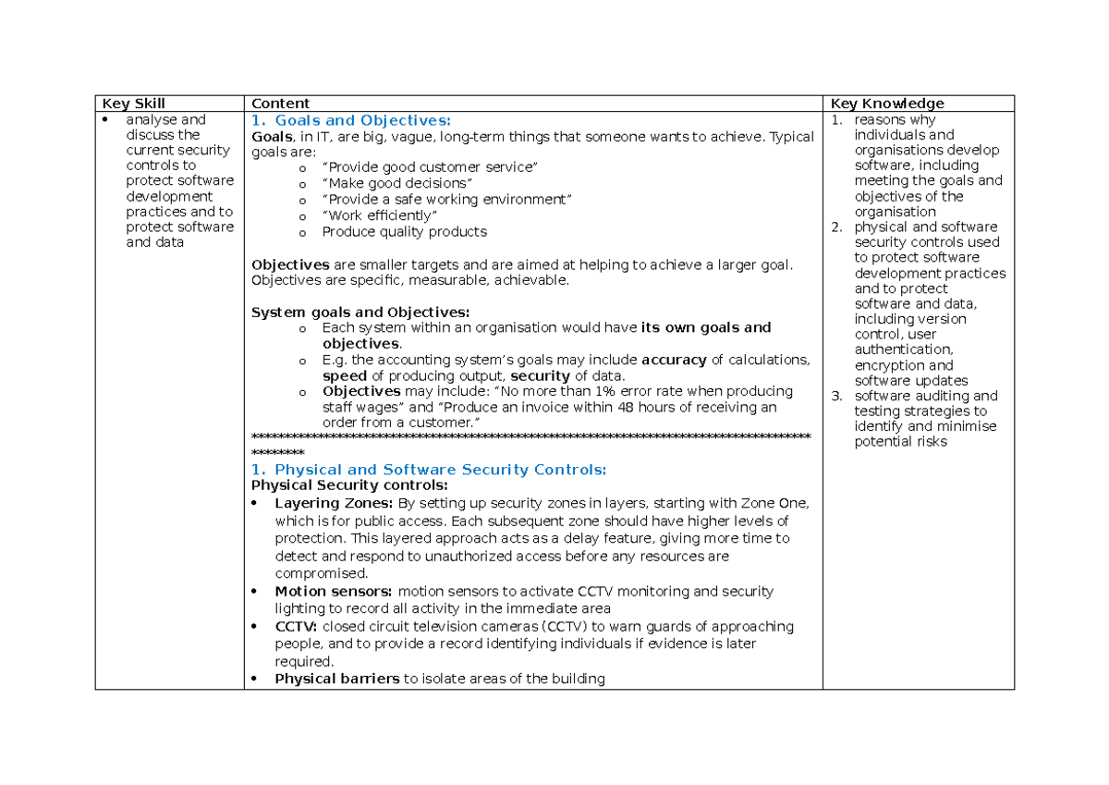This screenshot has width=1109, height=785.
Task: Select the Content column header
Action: click(x=280, y=104)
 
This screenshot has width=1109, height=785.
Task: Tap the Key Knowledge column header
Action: click(x=887, y=104)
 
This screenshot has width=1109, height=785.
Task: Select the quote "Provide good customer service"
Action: click(x=429, y=167)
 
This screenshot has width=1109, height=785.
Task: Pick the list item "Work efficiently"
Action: click(x=379, y=216)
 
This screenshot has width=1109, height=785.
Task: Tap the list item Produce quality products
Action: click(x=404, y=232)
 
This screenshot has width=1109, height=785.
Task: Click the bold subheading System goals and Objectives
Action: click(x=360, y=312)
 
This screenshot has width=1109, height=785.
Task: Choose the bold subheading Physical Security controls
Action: click(x=349, y=485)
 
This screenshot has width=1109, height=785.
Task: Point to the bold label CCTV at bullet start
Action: click(x=296, y=627)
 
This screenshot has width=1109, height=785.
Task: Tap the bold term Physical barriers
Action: click(x=337, y=680)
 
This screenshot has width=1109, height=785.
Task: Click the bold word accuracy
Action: click(x=674, y=360)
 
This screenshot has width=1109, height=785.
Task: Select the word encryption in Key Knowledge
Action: click(x=890, y=365)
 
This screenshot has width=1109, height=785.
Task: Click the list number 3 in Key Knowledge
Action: click(x=835, y=397)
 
